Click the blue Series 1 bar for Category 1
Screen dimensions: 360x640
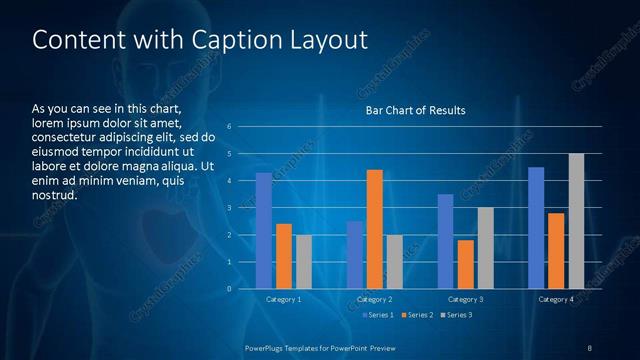(x=263, y=231)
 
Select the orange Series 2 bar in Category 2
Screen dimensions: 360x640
(x=374, y=229)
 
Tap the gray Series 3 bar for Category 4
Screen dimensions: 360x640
(x=576, y=221)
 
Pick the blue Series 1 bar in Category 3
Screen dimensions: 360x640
(x=445, y=241)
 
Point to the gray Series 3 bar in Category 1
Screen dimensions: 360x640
(x=303, y=262)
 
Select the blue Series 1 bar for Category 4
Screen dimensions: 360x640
(x=536, y=228)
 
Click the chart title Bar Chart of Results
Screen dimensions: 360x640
(x=415, y=110)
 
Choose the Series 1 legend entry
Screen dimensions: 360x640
(x=376, y=316)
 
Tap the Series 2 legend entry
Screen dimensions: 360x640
(x=416, y=316)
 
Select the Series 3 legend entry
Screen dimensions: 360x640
(x=456, y=316)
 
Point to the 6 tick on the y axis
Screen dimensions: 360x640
(x=229, y=127)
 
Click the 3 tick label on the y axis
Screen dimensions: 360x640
(x=229, y=208)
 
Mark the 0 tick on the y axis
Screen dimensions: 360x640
(x=229, y=289)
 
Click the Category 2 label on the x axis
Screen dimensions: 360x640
(x=374, y=300)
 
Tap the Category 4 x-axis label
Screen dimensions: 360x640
(x=556, y=300)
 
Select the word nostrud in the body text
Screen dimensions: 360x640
(x=55, y=195)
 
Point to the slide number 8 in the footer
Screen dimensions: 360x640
(x=590, y=347)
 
